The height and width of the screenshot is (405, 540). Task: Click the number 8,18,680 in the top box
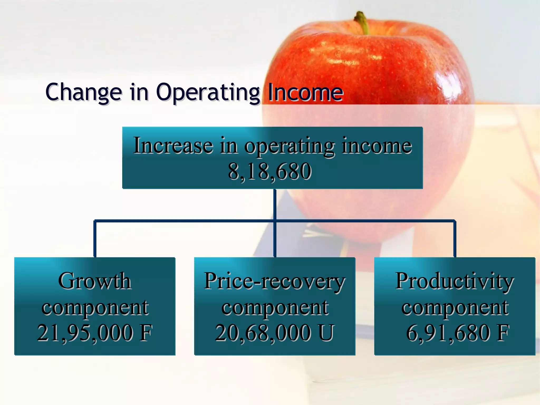(269, 172)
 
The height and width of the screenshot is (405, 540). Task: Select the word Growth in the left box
(94, 281)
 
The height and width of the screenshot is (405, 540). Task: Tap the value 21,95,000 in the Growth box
(85, 333)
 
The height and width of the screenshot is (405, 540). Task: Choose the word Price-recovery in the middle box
(274, 281)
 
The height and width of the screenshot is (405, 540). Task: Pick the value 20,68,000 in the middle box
(263, 333)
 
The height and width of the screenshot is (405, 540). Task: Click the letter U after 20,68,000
(326, 333)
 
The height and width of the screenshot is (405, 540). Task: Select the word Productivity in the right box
(455, 281)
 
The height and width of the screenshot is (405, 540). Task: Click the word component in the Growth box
(95, 307)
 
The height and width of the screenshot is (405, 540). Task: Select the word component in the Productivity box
(455, 307)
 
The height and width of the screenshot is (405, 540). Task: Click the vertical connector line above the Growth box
(95, 239)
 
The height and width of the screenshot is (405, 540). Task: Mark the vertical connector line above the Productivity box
(455, 239)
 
